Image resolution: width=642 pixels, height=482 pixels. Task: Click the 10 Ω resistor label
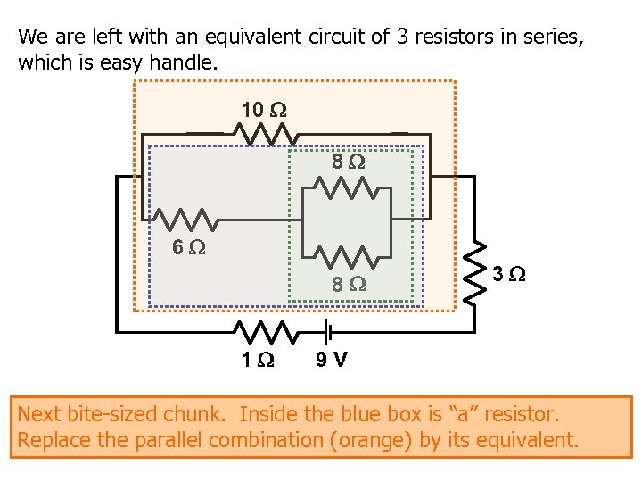click(264, 110)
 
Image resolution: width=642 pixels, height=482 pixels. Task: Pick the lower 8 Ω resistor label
click(349, 285)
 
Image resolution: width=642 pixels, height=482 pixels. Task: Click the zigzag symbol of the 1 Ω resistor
click(265, 333)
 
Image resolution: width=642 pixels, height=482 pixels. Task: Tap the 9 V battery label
click(332, 361)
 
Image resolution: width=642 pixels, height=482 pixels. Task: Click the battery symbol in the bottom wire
click(328, 333)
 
